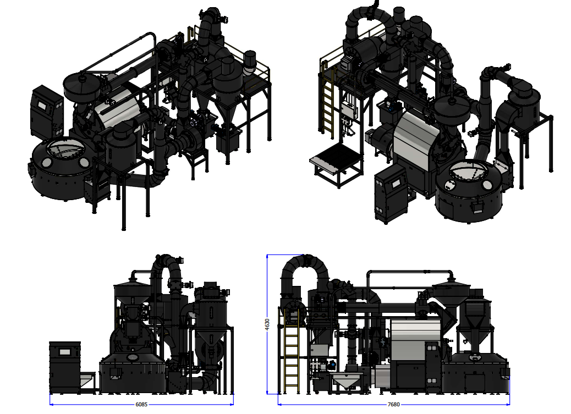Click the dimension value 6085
141,404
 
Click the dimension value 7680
394,404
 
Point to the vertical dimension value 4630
267,324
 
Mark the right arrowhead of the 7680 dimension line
507,404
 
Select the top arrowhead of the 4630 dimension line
267,257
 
